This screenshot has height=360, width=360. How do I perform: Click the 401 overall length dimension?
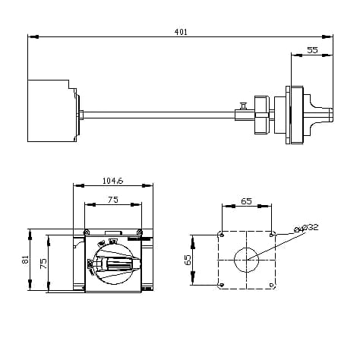coord(181,32)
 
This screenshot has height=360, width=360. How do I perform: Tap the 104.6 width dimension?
coord(113,181)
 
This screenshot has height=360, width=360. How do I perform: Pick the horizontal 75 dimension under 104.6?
coord(112,200)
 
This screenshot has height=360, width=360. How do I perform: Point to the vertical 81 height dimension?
coord(25,261)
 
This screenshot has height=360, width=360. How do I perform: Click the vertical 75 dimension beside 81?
coord(43,262)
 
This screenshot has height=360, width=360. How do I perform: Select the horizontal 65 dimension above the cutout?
coord(246,201)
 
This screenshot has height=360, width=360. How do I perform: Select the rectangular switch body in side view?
coord(51,111)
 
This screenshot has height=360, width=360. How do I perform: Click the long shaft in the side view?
coord(159,115)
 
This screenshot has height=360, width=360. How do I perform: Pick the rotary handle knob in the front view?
coord(114,262)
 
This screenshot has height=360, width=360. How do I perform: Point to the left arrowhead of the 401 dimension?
coord(30,36)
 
